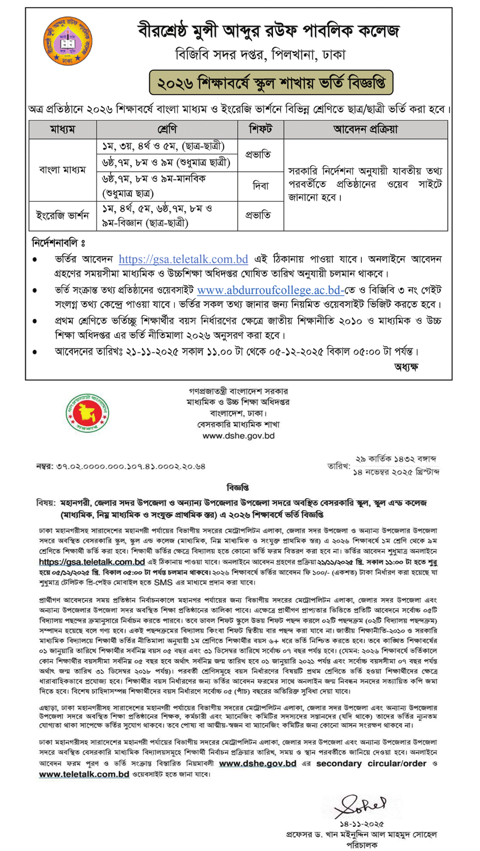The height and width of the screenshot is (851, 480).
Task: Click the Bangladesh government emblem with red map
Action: click(87, 413)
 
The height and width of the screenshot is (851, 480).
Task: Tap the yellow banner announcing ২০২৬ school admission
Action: click(271, 83)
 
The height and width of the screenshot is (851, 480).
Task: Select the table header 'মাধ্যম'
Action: click(62, 129)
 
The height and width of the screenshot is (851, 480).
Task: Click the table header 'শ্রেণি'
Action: click(167, 129)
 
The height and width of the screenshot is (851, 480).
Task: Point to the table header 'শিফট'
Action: click(260, 129)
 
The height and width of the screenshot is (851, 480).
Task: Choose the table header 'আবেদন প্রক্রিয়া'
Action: click(365, 129)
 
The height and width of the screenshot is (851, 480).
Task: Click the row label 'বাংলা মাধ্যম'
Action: click(62, 170)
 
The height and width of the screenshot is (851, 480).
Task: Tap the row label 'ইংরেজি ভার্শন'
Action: click(62, 216)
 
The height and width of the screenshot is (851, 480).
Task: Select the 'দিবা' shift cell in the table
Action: click(260, 186)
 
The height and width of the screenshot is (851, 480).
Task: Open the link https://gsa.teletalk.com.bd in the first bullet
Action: click(183, 259)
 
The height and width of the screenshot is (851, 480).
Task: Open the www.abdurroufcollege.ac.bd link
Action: click(270, 290)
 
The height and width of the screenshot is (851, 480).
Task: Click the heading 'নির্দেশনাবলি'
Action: click(58, 243)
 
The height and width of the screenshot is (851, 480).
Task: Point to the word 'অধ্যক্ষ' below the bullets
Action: click(406, 367)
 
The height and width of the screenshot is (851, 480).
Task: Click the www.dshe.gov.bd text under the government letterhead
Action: click(238, 436)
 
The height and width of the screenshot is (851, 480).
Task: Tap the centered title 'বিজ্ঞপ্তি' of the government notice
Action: click(238, 488)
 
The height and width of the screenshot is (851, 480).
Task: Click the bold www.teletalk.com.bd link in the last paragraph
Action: click(84, 774)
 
